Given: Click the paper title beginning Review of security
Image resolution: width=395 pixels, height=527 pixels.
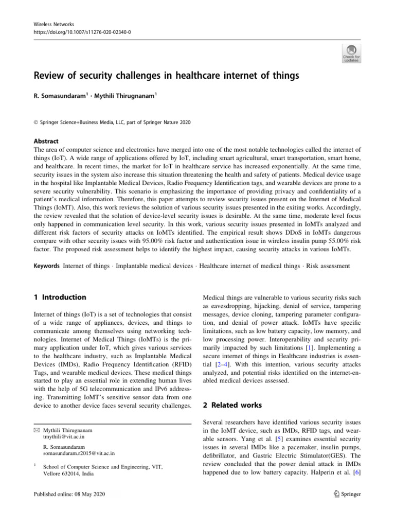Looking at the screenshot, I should point(167,77).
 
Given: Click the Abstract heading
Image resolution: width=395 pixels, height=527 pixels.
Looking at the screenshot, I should point(46,141).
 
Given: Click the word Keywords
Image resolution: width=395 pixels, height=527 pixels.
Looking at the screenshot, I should point(47,266).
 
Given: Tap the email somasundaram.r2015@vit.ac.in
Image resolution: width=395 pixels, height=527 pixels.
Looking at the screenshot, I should point(79,453).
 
